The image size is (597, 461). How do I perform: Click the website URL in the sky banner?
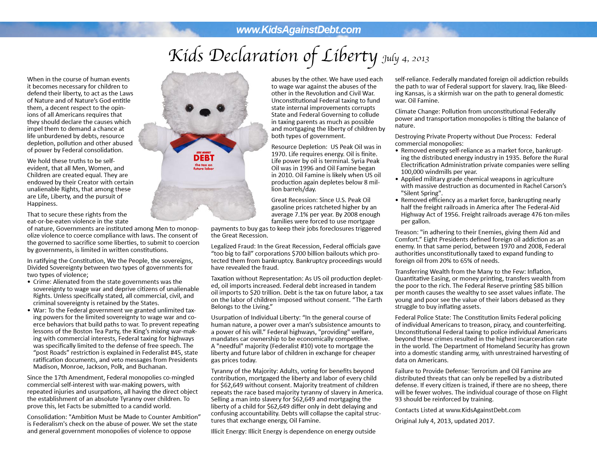pyautogui.click(x=298, y=30)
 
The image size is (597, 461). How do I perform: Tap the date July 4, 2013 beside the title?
pyautogui.click(x=405, y=59)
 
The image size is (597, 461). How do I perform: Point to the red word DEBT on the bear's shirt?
pyautogui.click(x=204, y=158)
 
